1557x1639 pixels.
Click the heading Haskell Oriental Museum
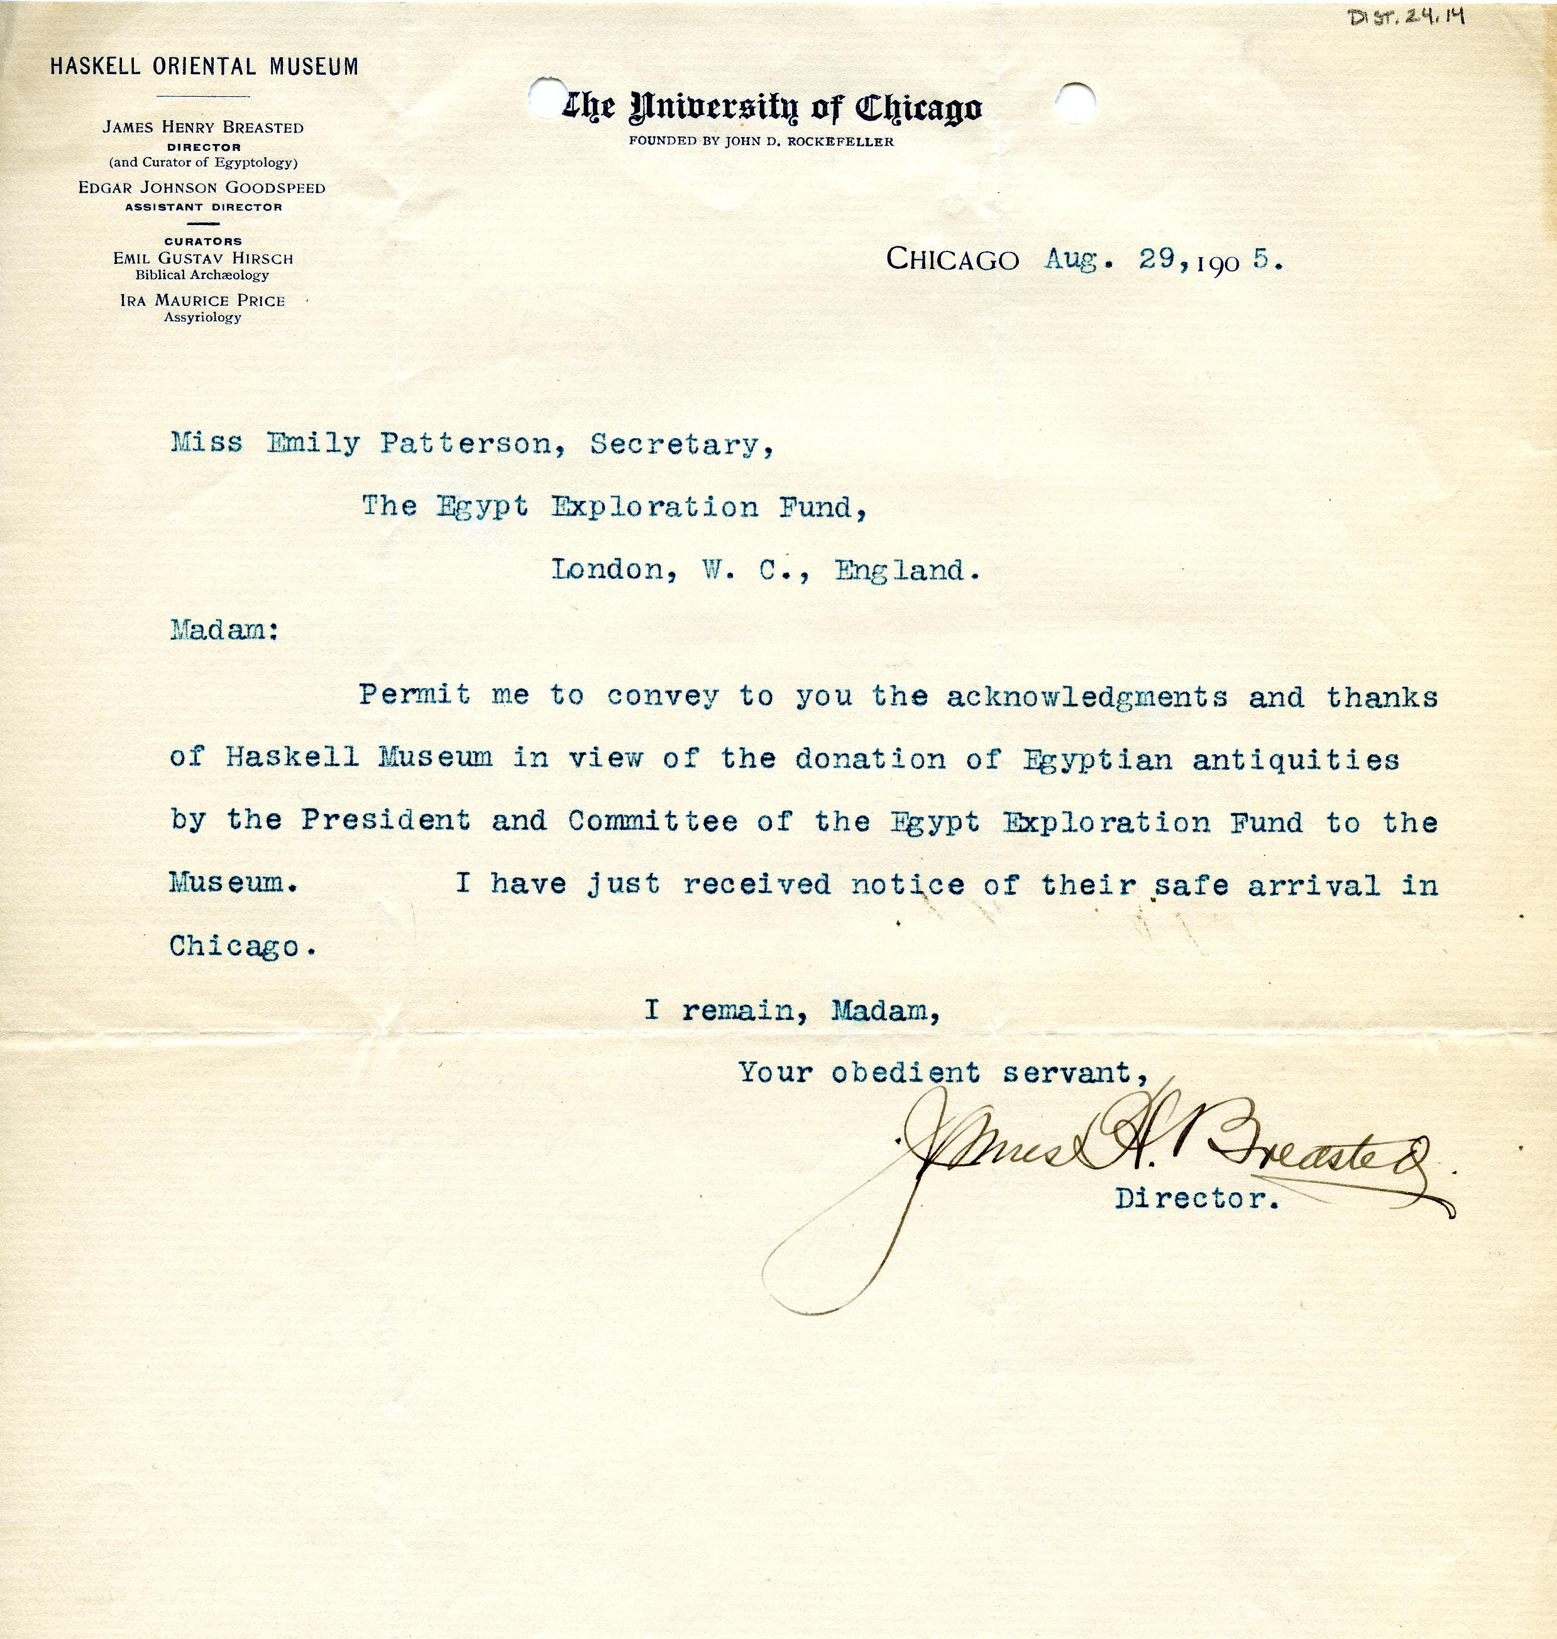coord(204,67)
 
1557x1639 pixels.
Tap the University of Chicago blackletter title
coord(772,109)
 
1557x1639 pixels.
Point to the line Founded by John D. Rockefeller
coord(761,141)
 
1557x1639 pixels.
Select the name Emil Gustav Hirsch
coord(203,259)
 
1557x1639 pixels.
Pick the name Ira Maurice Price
coord(202,300)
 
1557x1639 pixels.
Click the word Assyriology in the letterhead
coord(202,317)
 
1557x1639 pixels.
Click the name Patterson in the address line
coord(466,446)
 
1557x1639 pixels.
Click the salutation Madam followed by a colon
coord(224,631)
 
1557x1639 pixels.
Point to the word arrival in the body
coord(1314,885)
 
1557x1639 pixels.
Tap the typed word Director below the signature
coord(1197,1199)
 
